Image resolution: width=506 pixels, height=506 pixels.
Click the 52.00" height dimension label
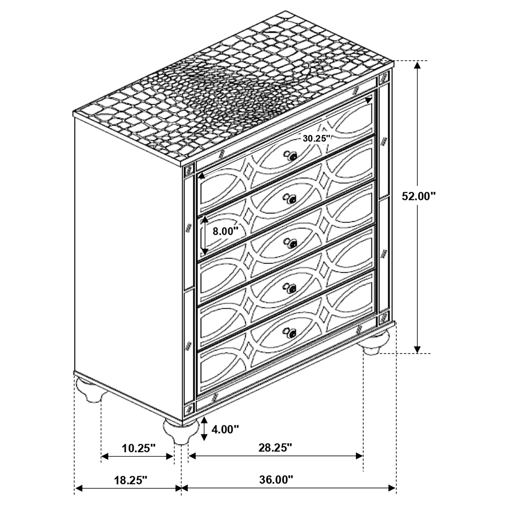[x=419, y=196]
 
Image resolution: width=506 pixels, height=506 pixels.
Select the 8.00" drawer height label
[x=225, y=231]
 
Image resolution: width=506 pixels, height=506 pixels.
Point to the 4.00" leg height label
[x=225, y=429]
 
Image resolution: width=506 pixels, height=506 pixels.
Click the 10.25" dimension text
[x=139, y=448]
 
